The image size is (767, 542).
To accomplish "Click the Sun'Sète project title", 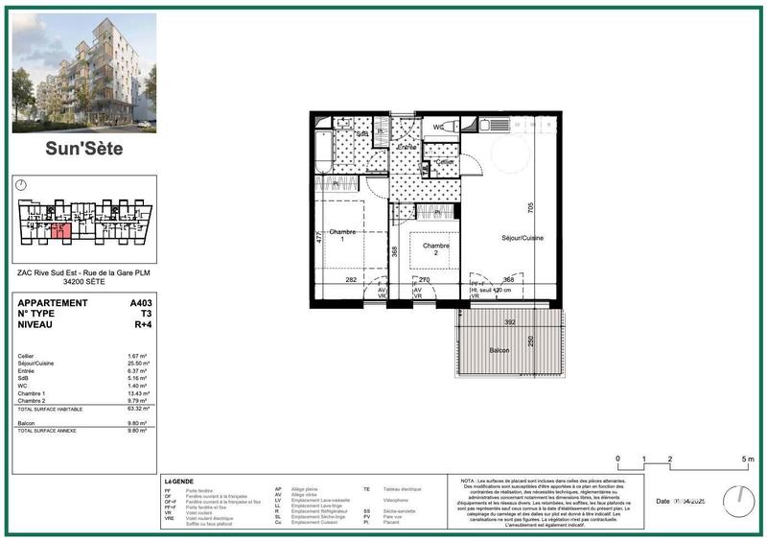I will click(84, 148).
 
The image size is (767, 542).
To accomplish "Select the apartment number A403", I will click(140, 303).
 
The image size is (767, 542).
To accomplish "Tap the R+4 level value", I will click(142, 324).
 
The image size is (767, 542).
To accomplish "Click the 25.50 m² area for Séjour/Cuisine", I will click(139, 364).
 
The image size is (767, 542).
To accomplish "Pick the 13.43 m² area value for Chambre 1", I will click(139, 393).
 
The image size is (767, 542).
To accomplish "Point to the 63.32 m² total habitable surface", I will click(139, 410).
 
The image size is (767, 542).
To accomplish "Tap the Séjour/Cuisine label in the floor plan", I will click(522, 238).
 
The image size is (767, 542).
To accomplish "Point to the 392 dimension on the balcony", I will click(510, 321).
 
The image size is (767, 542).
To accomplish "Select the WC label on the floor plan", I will click(437, 127).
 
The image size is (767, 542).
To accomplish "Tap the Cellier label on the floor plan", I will click(443, 162).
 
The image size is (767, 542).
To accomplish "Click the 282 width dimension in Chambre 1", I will click(351, 279).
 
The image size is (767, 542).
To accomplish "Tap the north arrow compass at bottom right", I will click(735, 500).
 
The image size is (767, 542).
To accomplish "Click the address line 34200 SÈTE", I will click(84, 282).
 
